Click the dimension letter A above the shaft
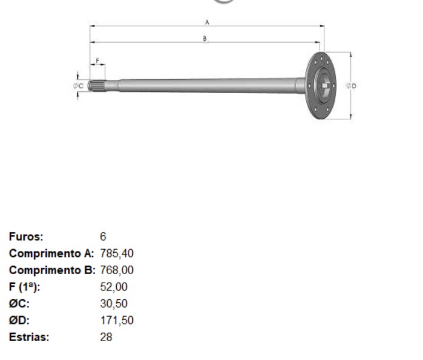tap(207, 22)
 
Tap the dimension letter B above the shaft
tap(205, 38)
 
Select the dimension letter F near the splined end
tap(97, 61)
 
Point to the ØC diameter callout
tap(79, 86)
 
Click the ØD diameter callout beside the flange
tap(351, 86)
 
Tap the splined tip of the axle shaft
tap(97, 86)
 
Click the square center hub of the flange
tap(325, 86)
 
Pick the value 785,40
tap(117, 253)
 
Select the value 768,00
tap(117, 270)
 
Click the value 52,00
tap(114, 287)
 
